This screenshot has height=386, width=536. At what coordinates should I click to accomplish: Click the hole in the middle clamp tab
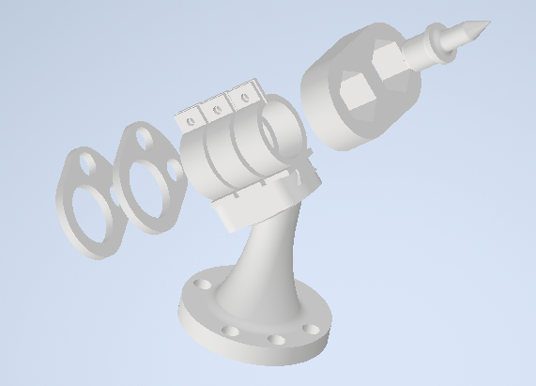[218, 109]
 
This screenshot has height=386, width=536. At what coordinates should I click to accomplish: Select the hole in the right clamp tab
[246, 97]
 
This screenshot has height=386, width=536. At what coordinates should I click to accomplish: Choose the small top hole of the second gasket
[145, 138]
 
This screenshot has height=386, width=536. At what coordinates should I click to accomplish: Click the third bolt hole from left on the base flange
[276, 340]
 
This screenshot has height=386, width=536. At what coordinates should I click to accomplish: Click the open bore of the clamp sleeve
[281, 135]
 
